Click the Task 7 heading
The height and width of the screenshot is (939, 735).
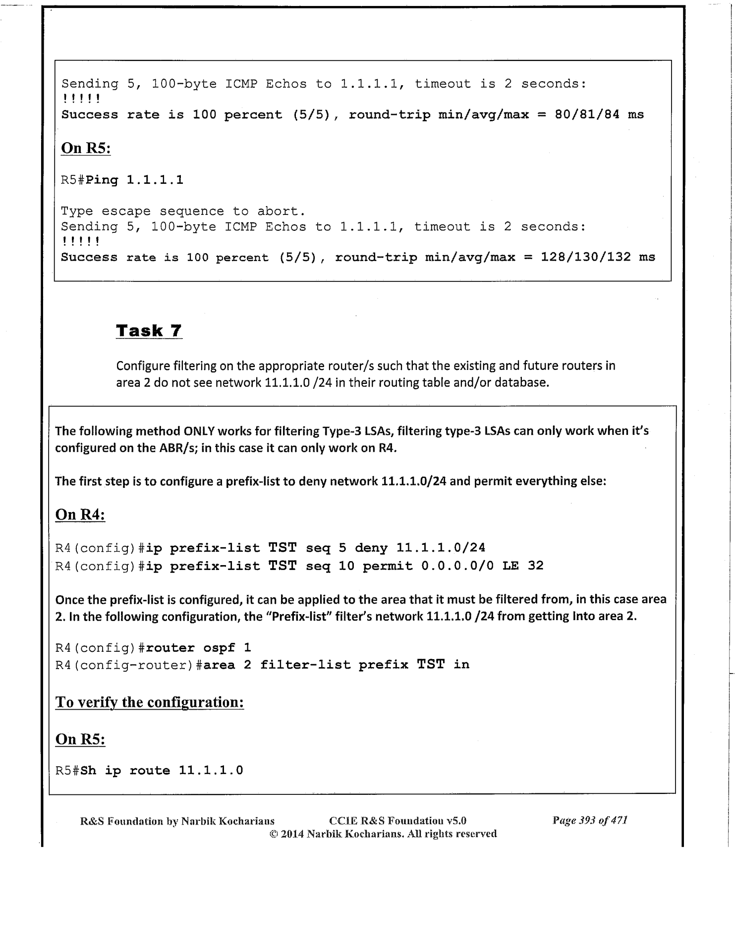(x=149, y=330)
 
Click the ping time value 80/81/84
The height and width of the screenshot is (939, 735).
(x=587, y=114)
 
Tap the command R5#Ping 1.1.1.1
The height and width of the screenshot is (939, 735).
(x=122, y=180)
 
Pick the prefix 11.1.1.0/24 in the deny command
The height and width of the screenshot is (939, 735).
(x=441, y=548)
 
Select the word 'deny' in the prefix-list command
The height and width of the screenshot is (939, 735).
(x=371, y=548)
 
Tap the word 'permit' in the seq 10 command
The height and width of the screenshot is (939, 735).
(x=387, y=566)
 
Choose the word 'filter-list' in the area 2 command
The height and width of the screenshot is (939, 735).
(x=305, y=665)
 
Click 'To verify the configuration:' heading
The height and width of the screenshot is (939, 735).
(x=149, y=702)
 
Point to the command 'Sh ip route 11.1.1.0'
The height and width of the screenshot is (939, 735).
(x=162, y=770)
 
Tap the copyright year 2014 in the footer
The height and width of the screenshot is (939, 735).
(x=292, y=834)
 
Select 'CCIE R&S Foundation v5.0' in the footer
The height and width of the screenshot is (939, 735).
(x=397, y=821)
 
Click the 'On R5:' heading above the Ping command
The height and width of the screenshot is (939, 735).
(x=85, y=148)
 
